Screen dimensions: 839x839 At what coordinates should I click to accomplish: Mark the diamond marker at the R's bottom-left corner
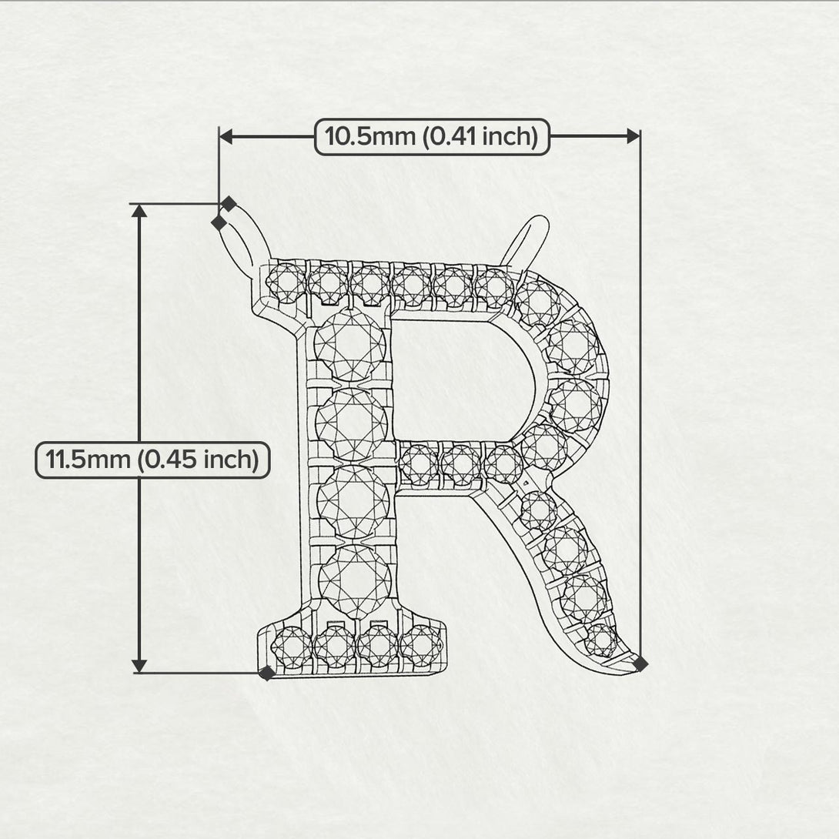[267, 673]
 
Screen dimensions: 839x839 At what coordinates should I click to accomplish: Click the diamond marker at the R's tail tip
[640, 664]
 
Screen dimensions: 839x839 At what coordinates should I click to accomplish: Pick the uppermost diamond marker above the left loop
[229, 204]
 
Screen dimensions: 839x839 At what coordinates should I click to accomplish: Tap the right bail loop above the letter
[526, 240]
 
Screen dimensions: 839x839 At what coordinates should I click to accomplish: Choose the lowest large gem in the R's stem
[354, 580]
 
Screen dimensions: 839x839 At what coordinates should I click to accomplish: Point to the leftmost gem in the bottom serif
[292, 645]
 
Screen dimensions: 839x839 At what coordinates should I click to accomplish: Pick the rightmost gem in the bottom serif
[421, 643]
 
